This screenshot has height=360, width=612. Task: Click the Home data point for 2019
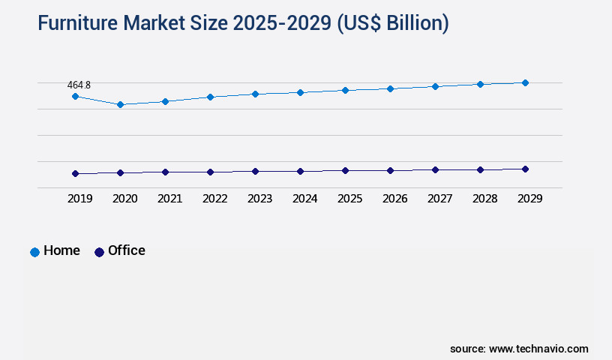pyautogui.click(x=75, y=96)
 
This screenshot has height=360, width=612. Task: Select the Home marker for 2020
pyautogui.click(x=120, y=104)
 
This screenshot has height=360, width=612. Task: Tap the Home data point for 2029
pyautogui.click(x=525, y=82)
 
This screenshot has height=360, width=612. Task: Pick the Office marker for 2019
pyautogui.click(x=75, y=173)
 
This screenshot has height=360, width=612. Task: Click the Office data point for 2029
pyautogui.click(x=525, y=169)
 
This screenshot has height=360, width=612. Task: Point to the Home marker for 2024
pyautogui.click(x=300, y=92)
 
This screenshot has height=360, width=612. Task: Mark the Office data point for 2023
pyautogui.click(x=255, y=171)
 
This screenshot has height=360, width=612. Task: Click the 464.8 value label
pyautogui.click(x=79, y=85)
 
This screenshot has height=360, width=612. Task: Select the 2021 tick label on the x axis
pyautogui.click(x=169, y=199)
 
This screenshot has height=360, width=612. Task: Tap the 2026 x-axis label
pyautogui.click(x=394, y=199)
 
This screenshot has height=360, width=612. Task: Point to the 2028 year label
pyautogui.click(x=484, y=199)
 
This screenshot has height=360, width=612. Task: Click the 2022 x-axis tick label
pyautogui.click(x=214, y=199)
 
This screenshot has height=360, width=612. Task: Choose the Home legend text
pyautogui.click(x=61, y=250)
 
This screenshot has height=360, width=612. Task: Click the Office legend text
pyautogui.click(x=127, y=250)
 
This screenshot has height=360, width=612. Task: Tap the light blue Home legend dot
pyautogui.click(x=34, y=252)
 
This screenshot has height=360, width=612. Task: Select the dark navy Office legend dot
pyautogui.click(x=99, y=252)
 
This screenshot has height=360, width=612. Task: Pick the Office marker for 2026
pyautogui.click(x=390, y=170)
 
